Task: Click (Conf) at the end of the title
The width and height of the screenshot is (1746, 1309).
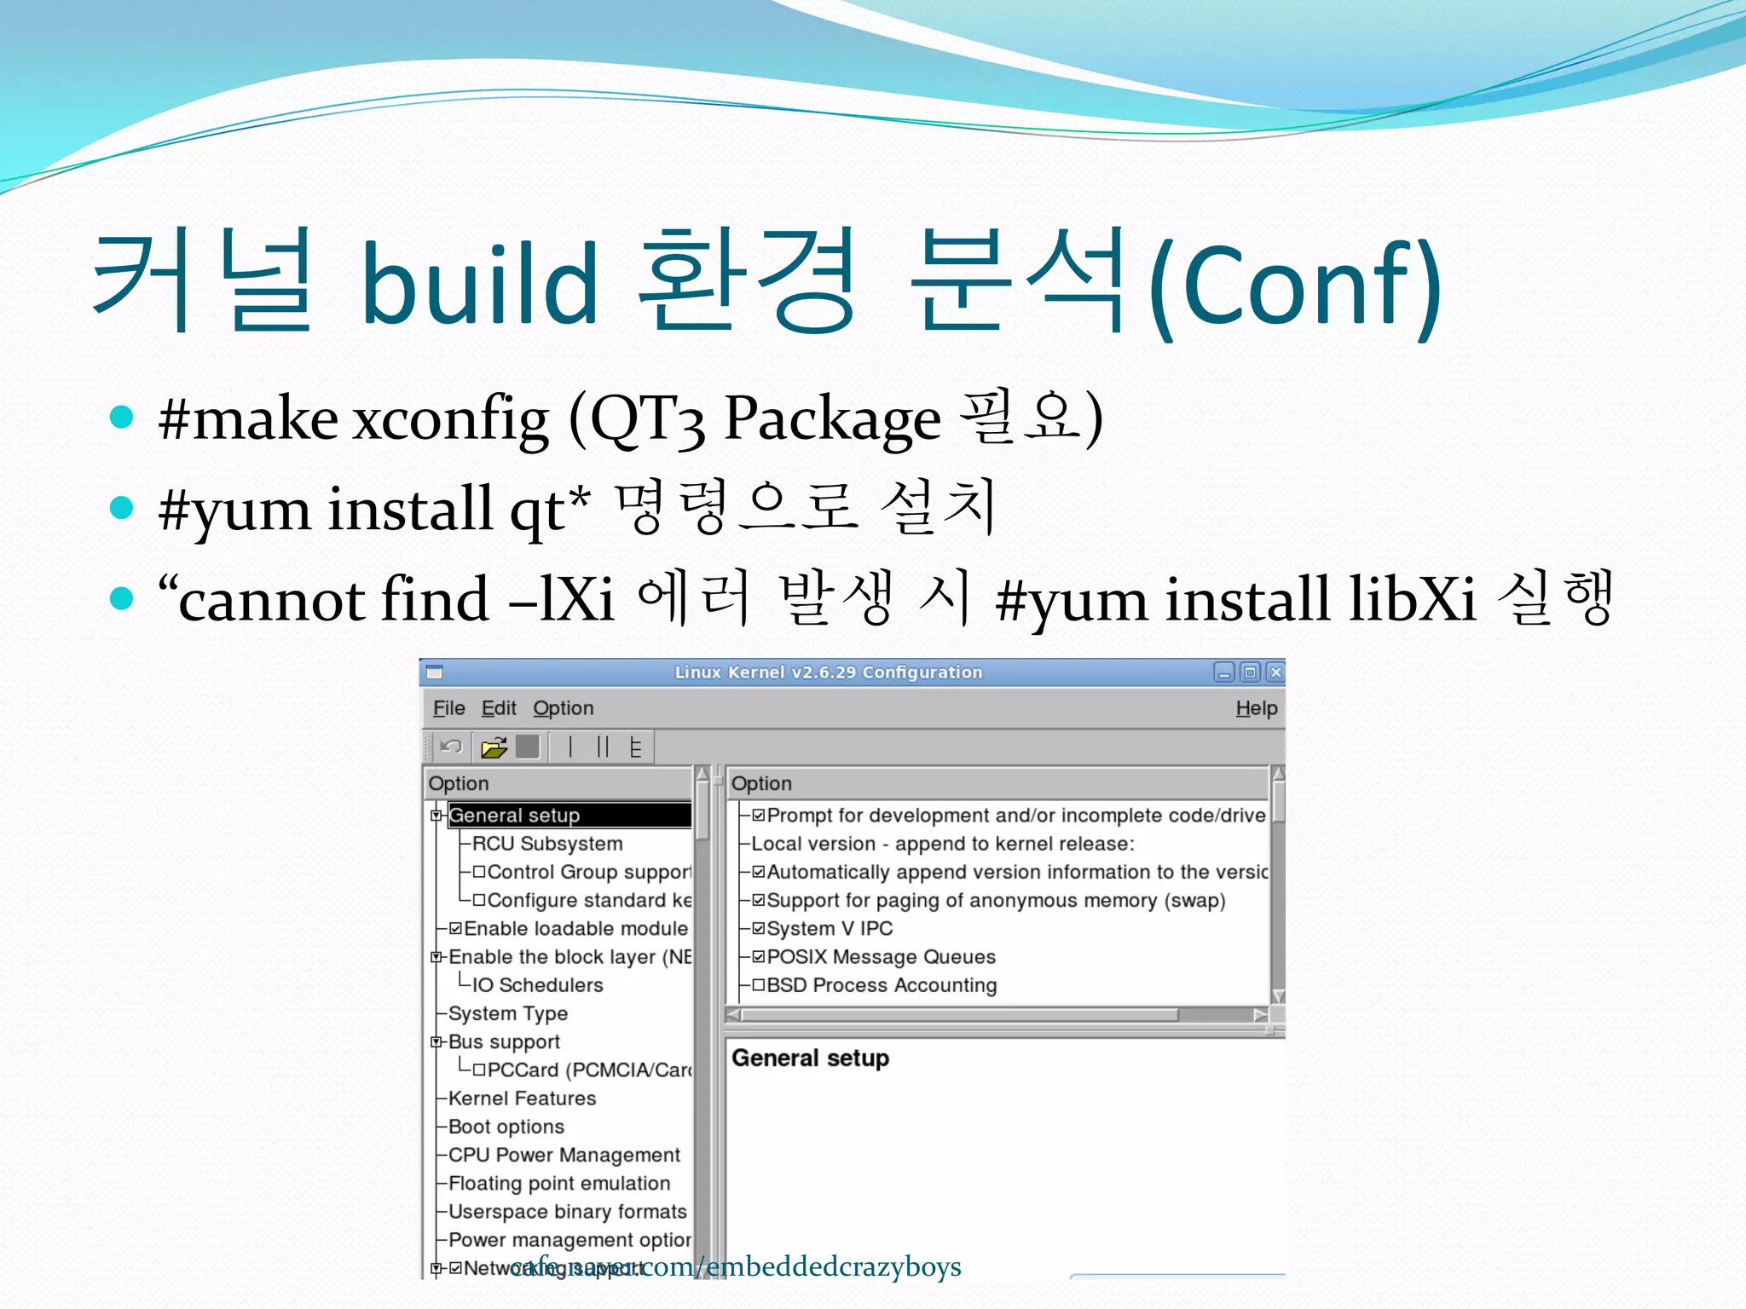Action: tap(1295, 285)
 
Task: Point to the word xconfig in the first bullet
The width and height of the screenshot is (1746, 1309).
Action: tap(450, 419)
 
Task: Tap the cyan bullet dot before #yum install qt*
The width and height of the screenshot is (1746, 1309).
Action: tap(122, 508)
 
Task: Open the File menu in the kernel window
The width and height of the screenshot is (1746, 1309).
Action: tap(448, 708)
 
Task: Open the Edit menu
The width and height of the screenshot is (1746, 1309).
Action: tap(499, 708)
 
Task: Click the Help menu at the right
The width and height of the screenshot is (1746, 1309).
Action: tap(1256, 708)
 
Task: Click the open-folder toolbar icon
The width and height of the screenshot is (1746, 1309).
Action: tap(494, 748)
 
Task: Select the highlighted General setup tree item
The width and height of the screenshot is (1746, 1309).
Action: tap(514, 816)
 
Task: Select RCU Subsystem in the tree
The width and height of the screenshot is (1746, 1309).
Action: tap(547, 844)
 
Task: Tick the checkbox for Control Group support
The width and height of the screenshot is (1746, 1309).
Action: tap(479, 872)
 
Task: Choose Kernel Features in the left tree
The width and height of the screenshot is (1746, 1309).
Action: tap(522, 1099)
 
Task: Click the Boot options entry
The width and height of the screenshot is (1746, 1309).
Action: tap(506, 1127)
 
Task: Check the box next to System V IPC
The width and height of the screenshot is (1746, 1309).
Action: tap(759, 929)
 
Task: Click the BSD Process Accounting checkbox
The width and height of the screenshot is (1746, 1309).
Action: tap(759, 985)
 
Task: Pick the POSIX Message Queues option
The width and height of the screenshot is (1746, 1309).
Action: tap(881, 957)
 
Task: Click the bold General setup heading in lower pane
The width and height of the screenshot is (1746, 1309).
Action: tap(810, 1058)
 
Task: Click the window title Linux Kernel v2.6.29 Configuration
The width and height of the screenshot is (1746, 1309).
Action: tap(828, 672)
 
